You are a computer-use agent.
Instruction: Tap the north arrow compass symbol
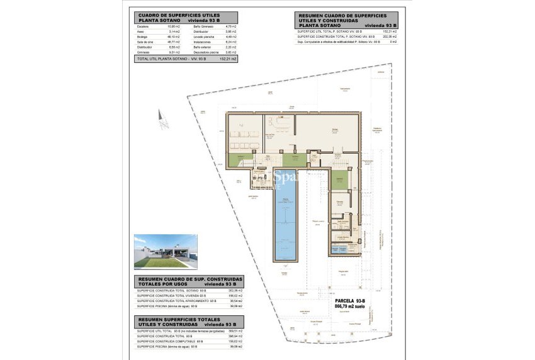pos(164,118)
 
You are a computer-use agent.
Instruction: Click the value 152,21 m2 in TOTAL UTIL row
pos(228,59)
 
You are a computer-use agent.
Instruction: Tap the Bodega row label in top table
pos(143,37)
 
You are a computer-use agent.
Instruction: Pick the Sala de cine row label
pos(145,42)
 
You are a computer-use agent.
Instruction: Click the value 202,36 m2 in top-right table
pos(390,37)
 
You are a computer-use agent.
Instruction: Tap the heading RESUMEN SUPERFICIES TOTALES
pos(174,319)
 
